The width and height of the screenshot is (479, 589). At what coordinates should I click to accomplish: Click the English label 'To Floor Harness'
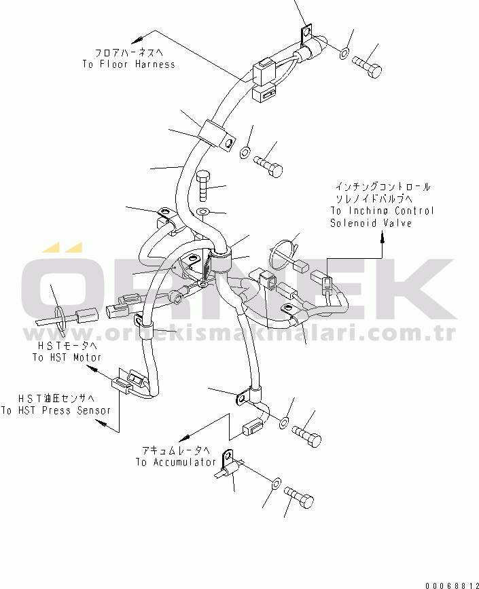[x=129, y=65]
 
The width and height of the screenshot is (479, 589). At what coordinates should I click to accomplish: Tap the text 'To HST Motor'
[x=67, y=357]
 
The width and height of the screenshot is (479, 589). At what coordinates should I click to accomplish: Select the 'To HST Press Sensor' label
[x=56, y=410]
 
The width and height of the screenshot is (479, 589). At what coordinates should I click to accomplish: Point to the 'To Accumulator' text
[x=176, y=462]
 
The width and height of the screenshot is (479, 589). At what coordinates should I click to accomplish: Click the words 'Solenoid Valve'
[x=371, y=223]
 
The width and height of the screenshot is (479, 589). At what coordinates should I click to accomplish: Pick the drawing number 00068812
[x=452, y=585]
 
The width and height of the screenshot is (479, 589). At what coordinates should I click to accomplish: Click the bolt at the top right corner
[x=367, y=67]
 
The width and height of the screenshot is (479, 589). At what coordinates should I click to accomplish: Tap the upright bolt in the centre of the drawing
[x=203, y=187]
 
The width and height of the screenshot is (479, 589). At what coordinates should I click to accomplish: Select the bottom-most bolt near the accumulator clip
[x=299, y=497]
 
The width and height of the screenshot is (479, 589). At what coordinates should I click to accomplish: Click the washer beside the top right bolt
[x=344, y=54]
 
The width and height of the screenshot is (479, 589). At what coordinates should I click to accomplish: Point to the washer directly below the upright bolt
[x=203, y=212]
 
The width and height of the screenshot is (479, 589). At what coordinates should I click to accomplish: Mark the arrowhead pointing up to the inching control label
[x=383, y=236]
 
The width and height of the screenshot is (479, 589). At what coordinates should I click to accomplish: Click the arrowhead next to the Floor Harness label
[x=137, y=39]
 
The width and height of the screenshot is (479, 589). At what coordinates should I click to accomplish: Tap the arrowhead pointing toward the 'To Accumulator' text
[x=184, y=438]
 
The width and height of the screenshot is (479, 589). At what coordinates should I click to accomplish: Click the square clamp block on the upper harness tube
[x=217, y=135]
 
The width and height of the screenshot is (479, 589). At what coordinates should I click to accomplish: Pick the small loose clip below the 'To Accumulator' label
[x=230, y=465]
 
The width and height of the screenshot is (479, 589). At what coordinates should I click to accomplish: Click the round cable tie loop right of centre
[x=282, y=255]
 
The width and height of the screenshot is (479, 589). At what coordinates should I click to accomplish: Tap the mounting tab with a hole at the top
[x=306, y=33]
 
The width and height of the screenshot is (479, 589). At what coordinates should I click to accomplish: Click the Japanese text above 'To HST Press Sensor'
[x=56, y=398]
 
